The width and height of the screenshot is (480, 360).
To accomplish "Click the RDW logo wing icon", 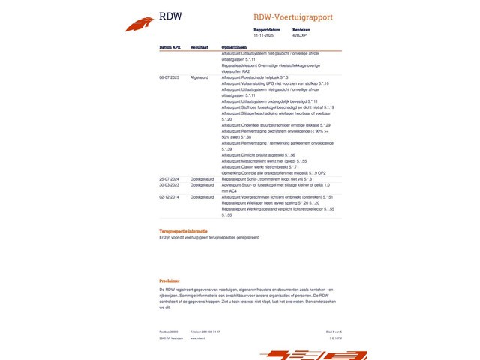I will click(x=139, y=25).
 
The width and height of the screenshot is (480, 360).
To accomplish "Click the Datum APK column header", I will click(x=169, y=46).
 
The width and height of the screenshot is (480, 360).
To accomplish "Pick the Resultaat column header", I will click(x=199, y=46).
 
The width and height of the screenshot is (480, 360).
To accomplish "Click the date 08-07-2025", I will click(x=169, y=76).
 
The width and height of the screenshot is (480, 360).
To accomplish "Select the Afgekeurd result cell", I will click(x=199, y=76).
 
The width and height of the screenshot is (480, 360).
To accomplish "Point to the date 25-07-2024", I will click(x=169, y=179).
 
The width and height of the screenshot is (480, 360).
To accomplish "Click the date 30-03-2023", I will click(x=169, y=184).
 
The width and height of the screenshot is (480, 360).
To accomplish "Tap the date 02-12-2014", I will click(x=169, y=196).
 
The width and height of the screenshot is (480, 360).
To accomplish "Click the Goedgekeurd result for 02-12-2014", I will click(x=202, y=196).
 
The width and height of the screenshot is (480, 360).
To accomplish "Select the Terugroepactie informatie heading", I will click(x=183, y=231).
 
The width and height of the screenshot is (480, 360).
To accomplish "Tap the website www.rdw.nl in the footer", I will click(x=198, y=337).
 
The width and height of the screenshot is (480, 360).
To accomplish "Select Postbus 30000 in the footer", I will click(x=168, y=331).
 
